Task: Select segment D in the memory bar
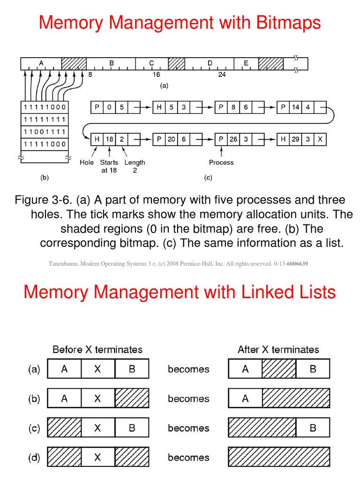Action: click(x=210, y=63)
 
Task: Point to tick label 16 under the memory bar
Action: click(x=156, y=75)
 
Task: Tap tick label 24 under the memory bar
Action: click(x=222, y=75)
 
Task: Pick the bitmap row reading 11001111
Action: click(x=45, y=131)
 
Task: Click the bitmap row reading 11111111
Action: click(x=45, y=119)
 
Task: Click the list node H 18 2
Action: click(x=109, y=139)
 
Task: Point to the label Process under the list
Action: click(x=221, y=163)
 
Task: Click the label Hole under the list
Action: click(x=87, y=163)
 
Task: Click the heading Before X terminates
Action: click(x=97, y=350)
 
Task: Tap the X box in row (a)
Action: click(x=97, y=369)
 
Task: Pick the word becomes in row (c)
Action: click(x=188, y=428)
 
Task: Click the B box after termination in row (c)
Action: click(x=313, y=428)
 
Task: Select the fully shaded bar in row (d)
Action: click(x=279, y=457)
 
